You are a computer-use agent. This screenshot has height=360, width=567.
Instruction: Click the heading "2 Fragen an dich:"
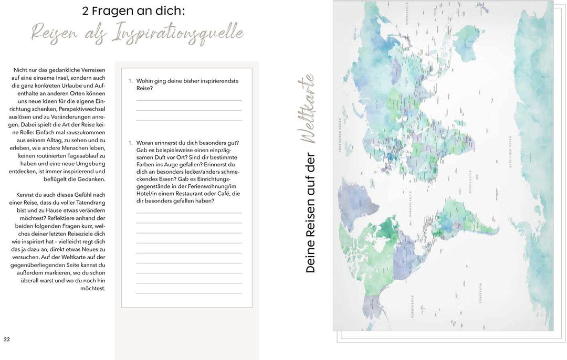point(133,11)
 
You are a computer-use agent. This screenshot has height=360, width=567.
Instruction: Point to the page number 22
point(7,339)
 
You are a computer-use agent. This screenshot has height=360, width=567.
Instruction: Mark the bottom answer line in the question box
point(189,293)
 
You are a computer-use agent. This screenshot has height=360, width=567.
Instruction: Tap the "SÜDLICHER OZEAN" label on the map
point(509,153)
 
